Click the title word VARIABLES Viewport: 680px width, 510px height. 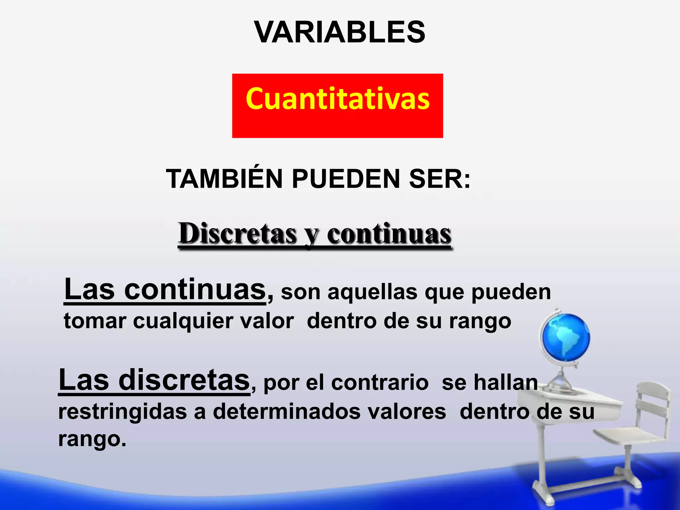click(339, 32)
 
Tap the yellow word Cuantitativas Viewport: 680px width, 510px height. click(337, 99)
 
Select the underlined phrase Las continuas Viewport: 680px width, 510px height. click(165, 290)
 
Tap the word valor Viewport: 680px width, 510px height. click(267, 321)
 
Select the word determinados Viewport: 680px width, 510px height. click(287, 412)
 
